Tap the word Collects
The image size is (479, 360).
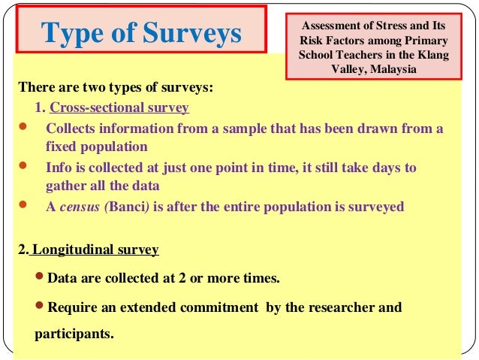pyautogui.click(x=74, y=128)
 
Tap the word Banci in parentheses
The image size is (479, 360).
pyautogui.click(x=126, y=207)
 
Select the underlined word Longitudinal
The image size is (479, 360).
pyautogui.click(x=73, y=249)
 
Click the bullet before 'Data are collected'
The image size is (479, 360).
pyautogui.click(x=41, y=278)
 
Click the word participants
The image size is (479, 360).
pyautogui.click(x=74, y=331)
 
